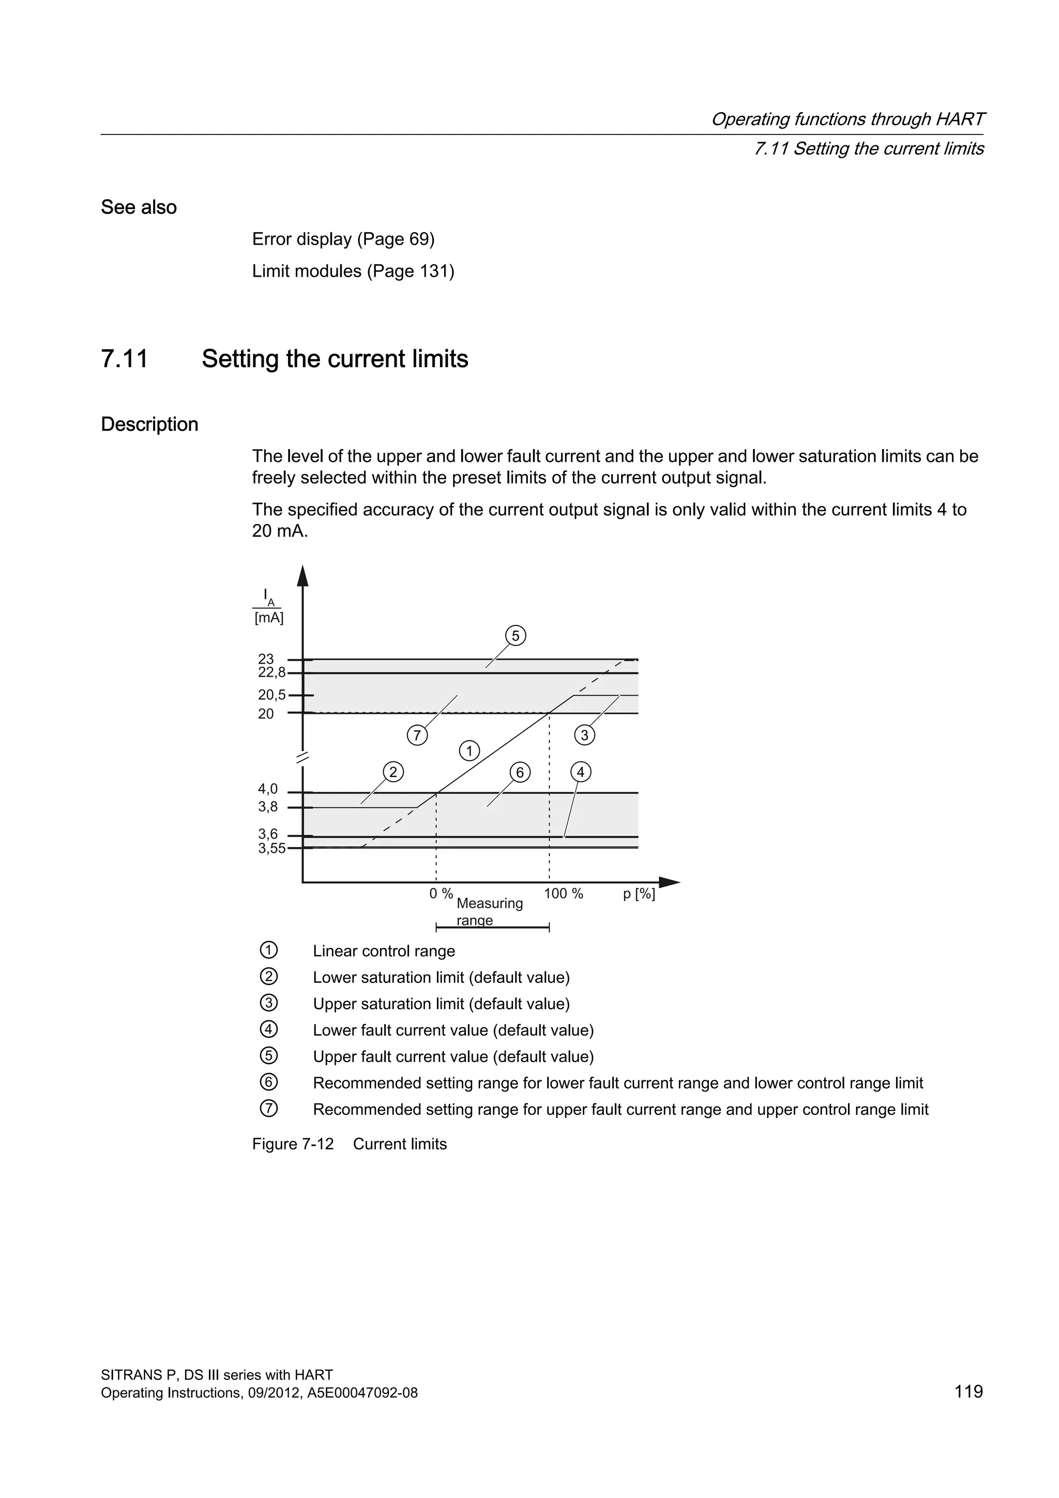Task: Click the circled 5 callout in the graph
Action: [515, 636]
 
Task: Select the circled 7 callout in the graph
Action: [417, 736]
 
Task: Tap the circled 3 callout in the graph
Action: [584, 736]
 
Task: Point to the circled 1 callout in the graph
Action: [469, 751]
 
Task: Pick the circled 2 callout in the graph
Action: [392, 772]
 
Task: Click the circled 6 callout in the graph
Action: [520, 772]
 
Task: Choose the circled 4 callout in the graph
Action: [580, 772]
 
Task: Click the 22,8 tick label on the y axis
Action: [271, 672]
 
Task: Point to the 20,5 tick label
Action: [271, 696]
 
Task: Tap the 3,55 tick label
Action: [271, 848]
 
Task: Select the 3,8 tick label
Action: [267, 807]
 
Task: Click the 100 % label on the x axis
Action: [564, 894]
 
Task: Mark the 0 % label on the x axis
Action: [441, 894]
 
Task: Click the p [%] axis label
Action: [639, 894]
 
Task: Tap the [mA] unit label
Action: [269, 618]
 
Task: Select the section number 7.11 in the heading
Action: [125, 359]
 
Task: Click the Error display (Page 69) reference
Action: [343, 239]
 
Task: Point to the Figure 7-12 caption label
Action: [293, 1144]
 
